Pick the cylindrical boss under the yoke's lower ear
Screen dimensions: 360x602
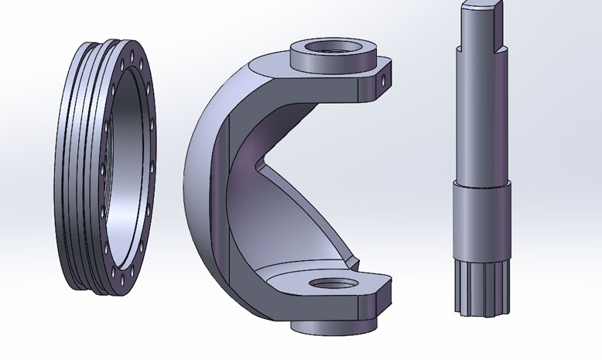(334, 325)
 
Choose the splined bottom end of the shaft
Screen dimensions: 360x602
(479, 286)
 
